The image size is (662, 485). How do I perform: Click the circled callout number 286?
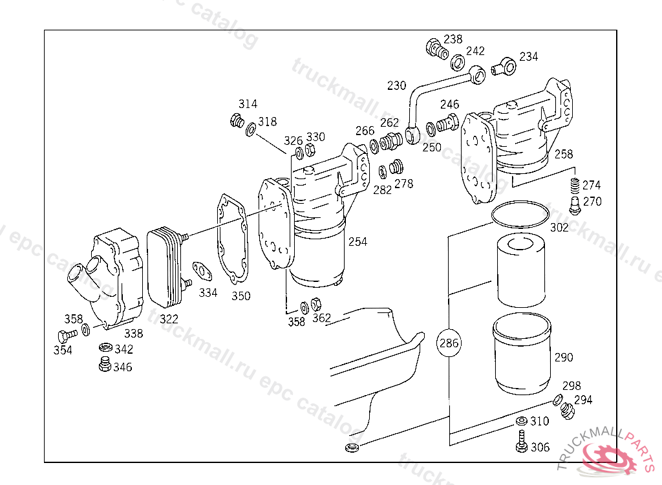pos(449,343)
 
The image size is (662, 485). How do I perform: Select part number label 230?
pos(397,85)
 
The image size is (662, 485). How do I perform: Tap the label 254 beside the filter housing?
pos(358,242)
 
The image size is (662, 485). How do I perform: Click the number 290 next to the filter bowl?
pos(564,357)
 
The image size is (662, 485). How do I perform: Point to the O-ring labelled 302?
pos(518,214)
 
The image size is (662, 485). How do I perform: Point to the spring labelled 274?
pos(573,187)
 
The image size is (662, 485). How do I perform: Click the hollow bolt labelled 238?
pos(435,47)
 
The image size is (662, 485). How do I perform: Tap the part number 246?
pos(450,104)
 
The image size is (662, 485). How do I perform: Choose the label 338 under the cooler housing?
pos(134,334)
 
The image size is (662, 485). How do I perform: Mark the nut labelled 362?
pos(316,303)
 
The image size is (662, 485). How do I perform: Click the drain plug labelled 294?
pos(568,410)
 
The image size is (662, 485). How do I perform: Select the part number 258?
pos(563,155)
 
